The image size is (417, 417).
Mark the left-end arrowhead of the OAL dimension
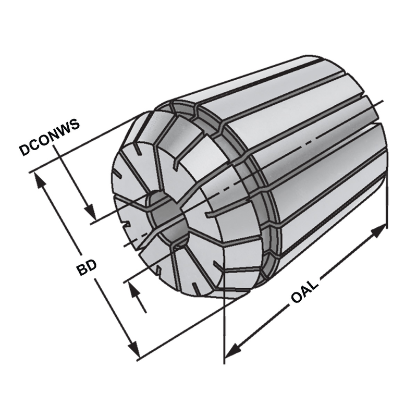(232, 349)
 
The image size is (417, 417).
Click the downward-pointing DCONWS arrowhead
(91, 214)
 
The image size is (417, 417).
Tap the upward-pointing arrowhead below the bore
(137, 292)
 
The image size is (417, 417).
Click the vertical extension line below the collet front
(224, 334)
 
